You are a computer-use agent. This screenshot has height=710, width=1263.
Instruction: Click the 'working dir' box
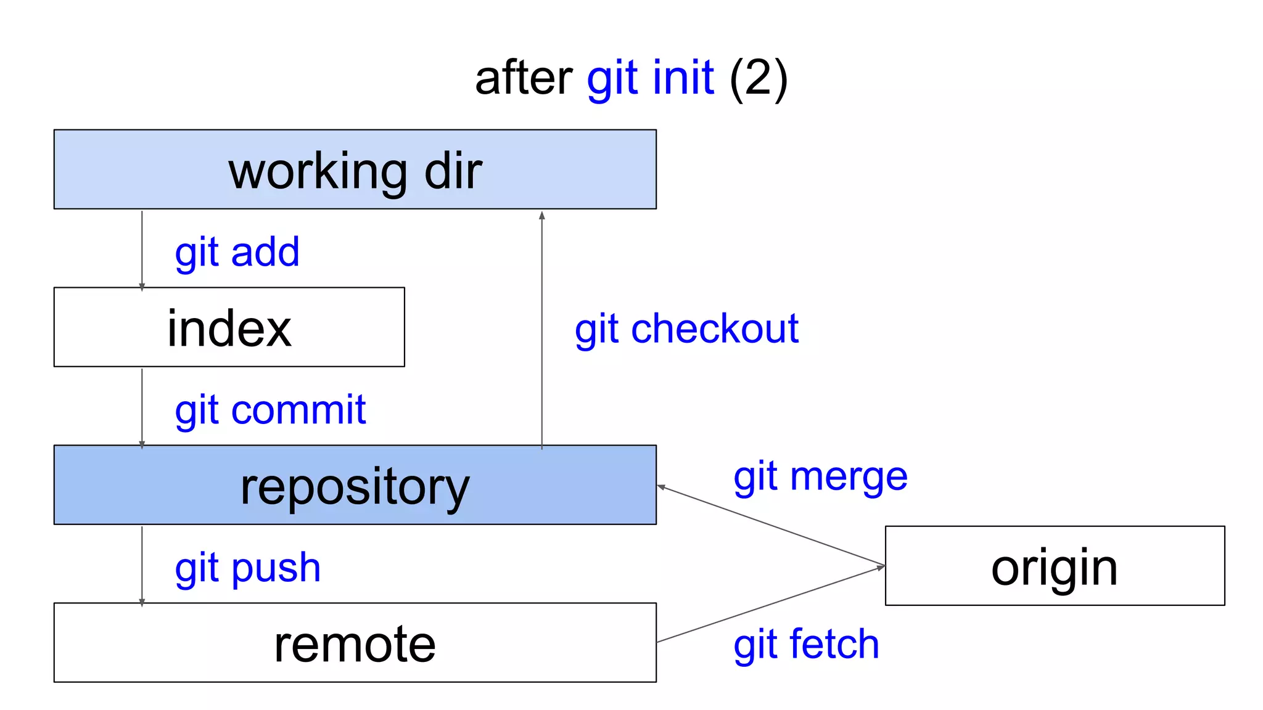pyautogui.click(x=355, y=169)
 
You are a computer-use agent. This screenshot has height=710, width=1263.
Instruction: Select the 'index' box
pyautogui.click(x=229, y=327)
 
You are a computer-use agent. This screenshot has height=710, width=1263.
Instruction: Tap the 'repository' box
pyautogui.click(x=355, y=485)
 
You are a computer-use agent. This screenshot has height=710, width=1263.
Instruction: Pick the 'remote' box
pyautogui.click(x=355, y=643)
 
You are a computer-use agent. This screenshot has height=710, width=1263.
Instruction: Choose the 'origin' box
pyautogui.click(x=1055, y=566)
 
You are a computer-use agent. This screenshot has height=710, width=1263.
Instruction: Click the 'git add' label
pyautogui.click(x=237, y=252)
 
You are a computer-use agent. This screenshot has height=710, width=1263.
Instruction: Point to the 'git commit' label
pyautogui.click(x=270, y=410)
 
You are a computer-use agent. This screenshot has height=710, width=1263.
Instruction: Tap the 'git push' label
pyautogui.click(x=247, y=568)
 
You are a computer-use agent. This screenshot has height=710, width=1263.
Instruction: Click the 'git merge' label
pyautogui.click(x=820, y=477)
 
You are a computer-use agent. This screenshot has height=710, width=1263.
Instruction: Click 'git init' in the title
pyautogui.click(x=651, y=78)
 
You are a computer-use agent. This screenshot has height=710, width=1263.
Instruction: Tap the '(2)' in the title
pyautogui.click(x=758, y=78)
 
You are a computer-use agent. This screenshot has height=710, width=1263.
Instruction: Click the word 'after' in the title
pyautogui.click(x=524, y=78)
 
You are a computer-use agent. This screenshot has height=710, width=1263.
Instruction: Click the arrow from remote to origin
pyautogui.click(x=771, y=604)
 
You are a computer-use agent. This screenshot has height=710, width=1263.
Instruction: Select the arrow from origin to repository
pyautogui.click(x=771, y=526)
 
